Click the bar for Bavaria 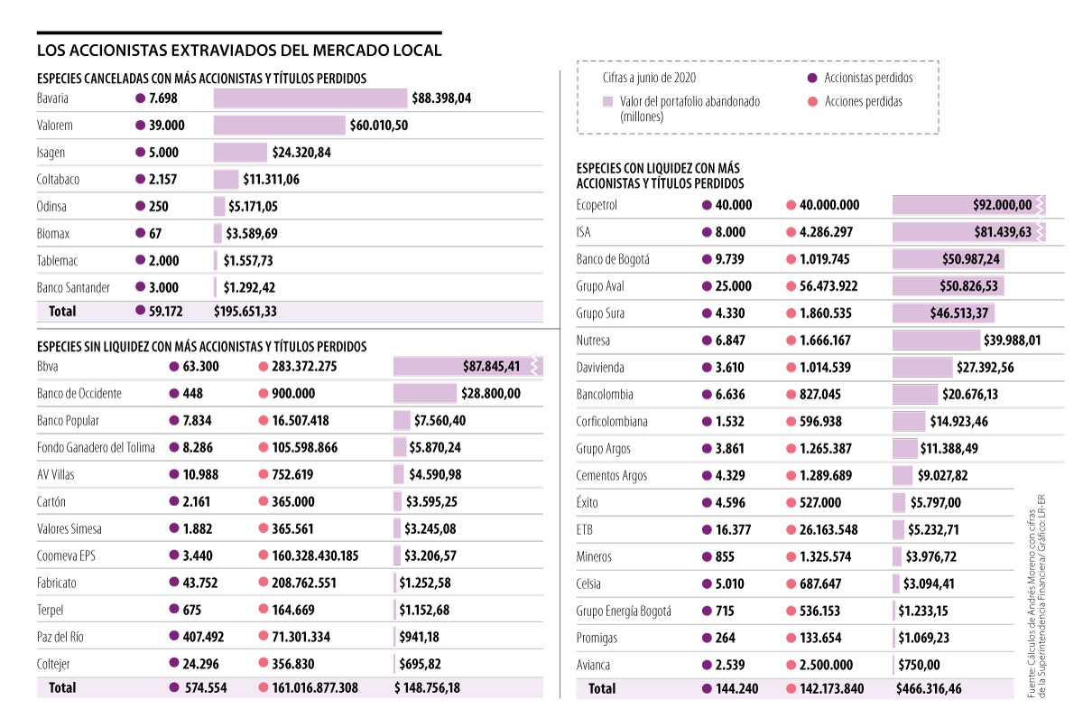pos(310,98)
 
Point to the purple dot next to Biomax pos(139,234)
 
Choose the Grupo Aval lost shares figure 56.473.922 pos(828,286)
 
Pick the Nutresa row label pos(593,341)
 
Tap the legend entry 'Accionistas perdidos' pos(867,79)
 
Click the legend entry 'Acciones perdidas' pos(863,101)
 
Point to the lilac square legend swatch pos(607,102)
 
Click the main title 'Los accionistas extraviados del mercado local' pos(239,50)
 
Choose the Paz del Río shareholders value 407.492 pos(205,637)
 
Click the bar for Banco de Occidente pos(425,394)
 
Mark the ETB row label pos(585,530)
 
